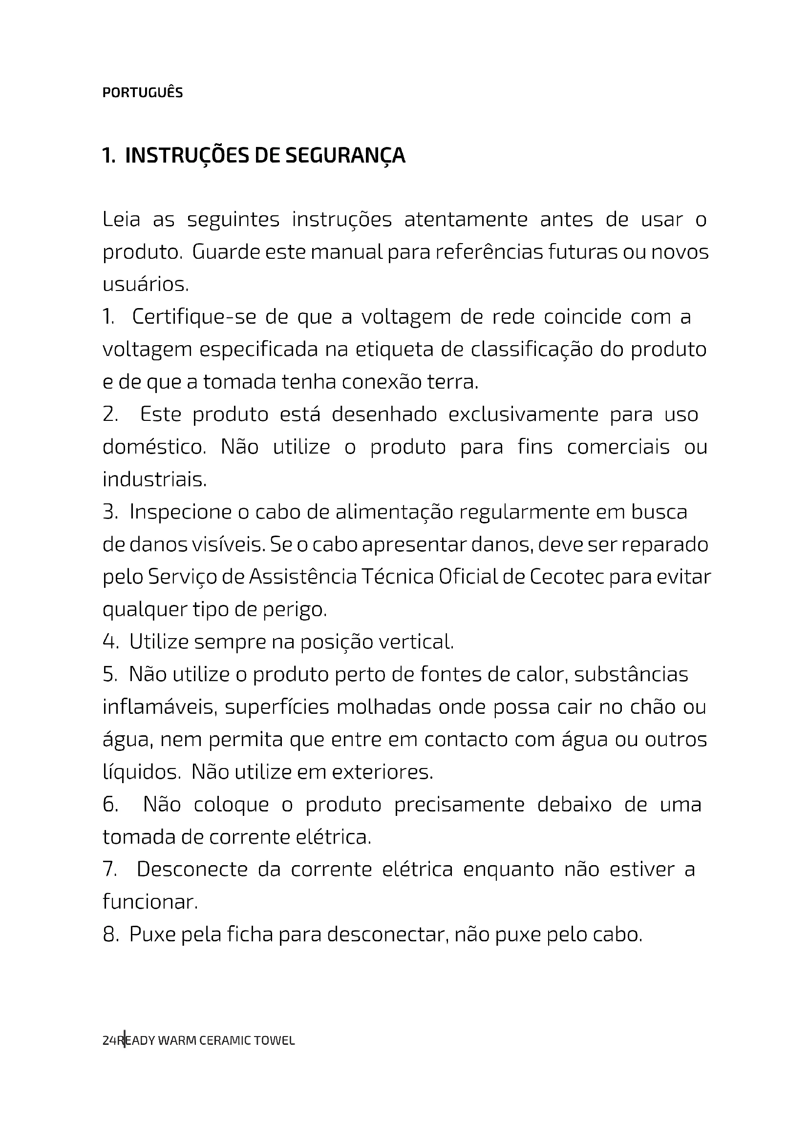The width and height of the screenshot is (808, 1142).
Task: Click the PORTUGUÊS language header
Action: click(142, 92)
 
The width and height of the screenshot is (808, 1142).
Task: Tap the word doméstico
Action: click(154, 447)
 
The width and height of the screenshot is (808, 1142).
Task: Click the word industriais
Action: click(154, 480)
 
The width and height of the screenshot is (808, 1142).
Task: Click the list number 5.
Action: click(109, 675)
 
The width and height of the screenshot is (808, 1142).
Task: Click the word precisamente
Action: click(459, 805)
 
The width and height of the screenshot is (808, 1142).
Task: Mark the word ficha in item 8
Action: click(250, 935)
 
